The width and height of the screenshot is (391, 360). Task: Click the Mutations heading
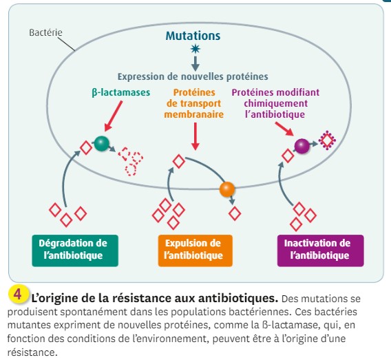coord(193,36)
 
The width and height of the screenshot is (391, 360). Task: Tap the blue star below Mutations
coord(195,49)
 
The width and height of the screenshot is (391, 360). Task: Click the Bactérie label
coord(45,32)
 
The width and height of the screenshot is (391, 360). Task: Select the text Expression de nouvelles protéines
coord(193,76)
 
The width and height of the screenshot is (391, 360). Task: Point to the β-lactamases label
coord(121,92)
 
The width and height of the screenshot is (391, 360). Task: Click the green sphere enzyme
coord(101,143)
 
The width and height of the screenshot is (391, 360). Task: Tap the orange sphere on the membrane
coord(227,189)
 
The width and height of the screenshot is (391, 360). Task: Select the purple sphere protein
coord(302,146)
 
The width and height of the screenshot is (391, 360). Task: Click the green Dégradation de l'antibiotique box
coord(75,251)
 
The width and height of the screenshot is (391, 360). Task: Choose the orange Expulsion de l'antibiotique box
coord(195,251)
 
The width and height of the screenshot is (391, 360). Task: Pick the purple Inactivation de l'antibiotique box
coord(320,251)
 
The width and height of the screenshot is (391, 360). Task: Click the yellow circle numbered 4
coord(18,295)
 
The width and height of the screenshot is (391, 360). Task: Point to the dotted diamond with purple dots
coord(327,140)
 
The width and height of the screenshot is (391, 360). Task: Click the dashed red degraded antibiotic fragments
coord(130,161)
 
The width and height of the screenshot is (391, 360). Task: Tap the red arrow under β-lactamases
coord(114,116)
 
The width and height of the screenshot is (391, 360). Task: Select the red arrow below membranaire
coord(195,136)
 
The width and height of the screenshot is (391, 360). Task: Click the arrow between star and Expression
coord(195,63)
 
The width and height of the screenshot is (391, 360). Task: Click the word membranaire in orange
coord(193,114)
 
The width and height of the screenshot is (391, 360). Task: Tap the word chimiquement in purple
coord(275,103)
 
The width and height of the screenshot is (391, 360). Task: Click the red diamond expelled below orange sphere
coord(235,213)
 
